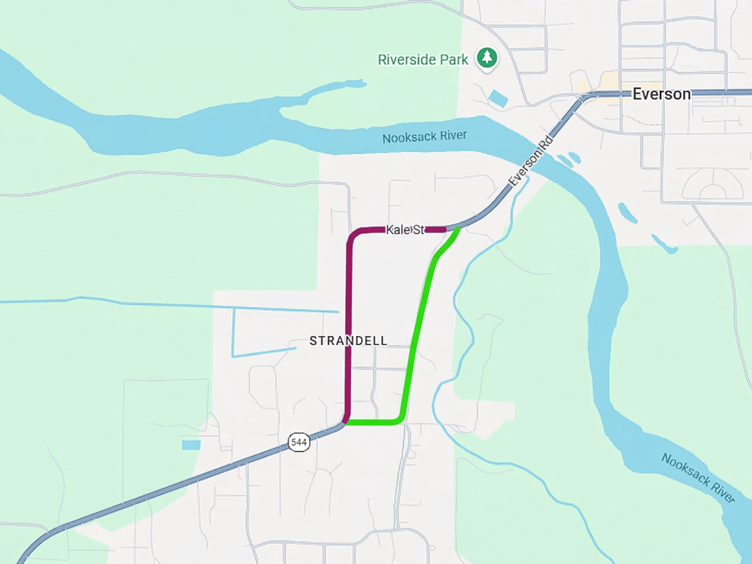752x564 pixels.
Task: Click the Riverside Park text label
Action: [423, 60]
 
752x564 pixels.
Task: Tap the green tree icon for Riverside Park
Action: [487, 58]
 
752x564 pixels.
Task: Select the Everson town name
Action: [661, 94]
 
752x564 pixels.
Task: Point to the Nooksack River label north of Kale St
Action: [425, 137]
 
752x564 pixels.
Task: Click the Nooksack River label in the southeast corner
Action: [697, 478]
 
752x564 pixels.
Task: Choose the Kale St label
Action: [405, 230]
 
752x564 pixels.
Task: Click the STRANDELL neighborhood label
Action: [348, 341]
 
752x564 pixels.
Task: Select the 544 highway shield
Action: [299, 442]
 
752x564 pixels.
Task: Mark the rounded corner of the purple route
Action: [353, 234]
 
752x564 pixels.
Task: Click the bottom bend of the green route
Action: [399, 419]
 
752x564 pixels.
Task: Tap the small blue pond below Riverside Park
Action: [498, 98]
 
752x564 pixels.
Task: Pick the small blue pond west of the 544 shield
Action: [191, 445]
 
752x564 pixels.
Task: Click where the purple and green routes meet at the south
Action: [346, 422]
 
